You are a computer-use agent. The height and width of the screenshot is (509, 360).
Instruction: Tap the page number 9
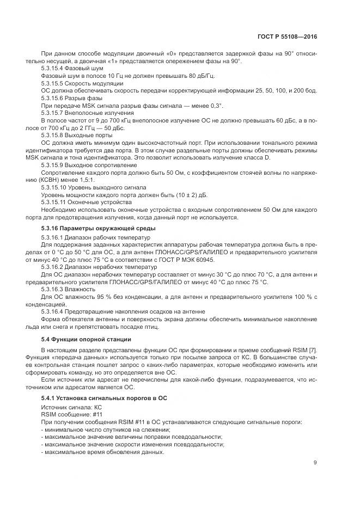[315, 463]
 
